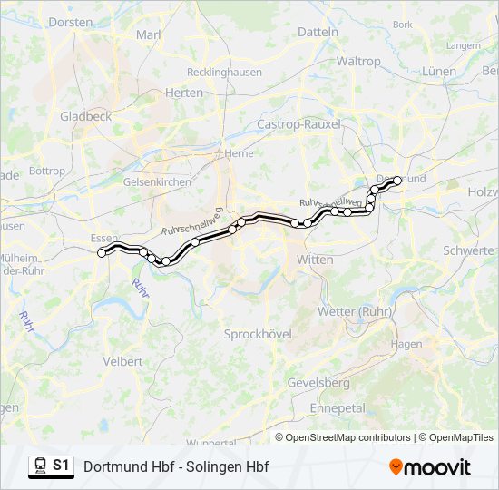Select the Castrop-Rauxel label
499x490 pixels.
click(x=298, y=123)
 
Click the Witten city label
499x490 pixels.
click(x=315, y=260)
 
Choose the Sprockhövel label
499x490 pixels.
click(x=258, y=334)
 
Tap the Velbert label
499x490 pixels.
click(x=123, y=361)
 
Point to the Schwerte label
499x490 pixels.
click(x=468, y=250)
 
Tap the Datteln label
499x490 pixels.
click(x=318, y=32)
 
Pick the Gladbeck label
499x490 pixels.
click(x=85, y=116)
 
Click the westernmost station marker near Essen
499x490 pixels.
click(x=102, y=253)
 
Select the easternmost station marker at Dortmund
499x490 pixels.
click(x=397, y=181)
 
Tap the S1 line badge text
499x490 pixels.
click(x=61, y=465)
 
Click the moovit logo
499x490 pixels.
click(x=429, y=467)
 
